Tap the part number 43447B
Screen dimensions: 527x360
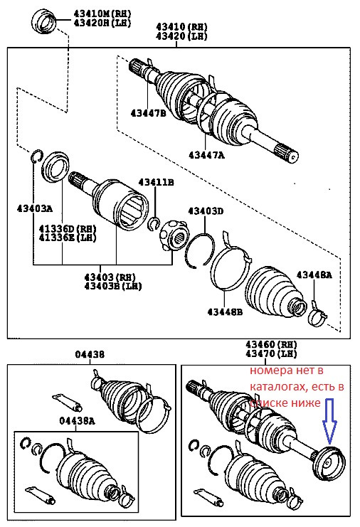[148, 112]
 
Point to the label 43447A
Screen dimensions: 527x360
[206, 154]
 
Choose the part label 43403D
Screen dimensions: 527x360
[206, 211]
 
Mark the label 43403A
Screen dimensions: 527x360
[34, 208]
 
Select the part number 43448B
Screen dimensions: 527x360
[225, 311]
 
